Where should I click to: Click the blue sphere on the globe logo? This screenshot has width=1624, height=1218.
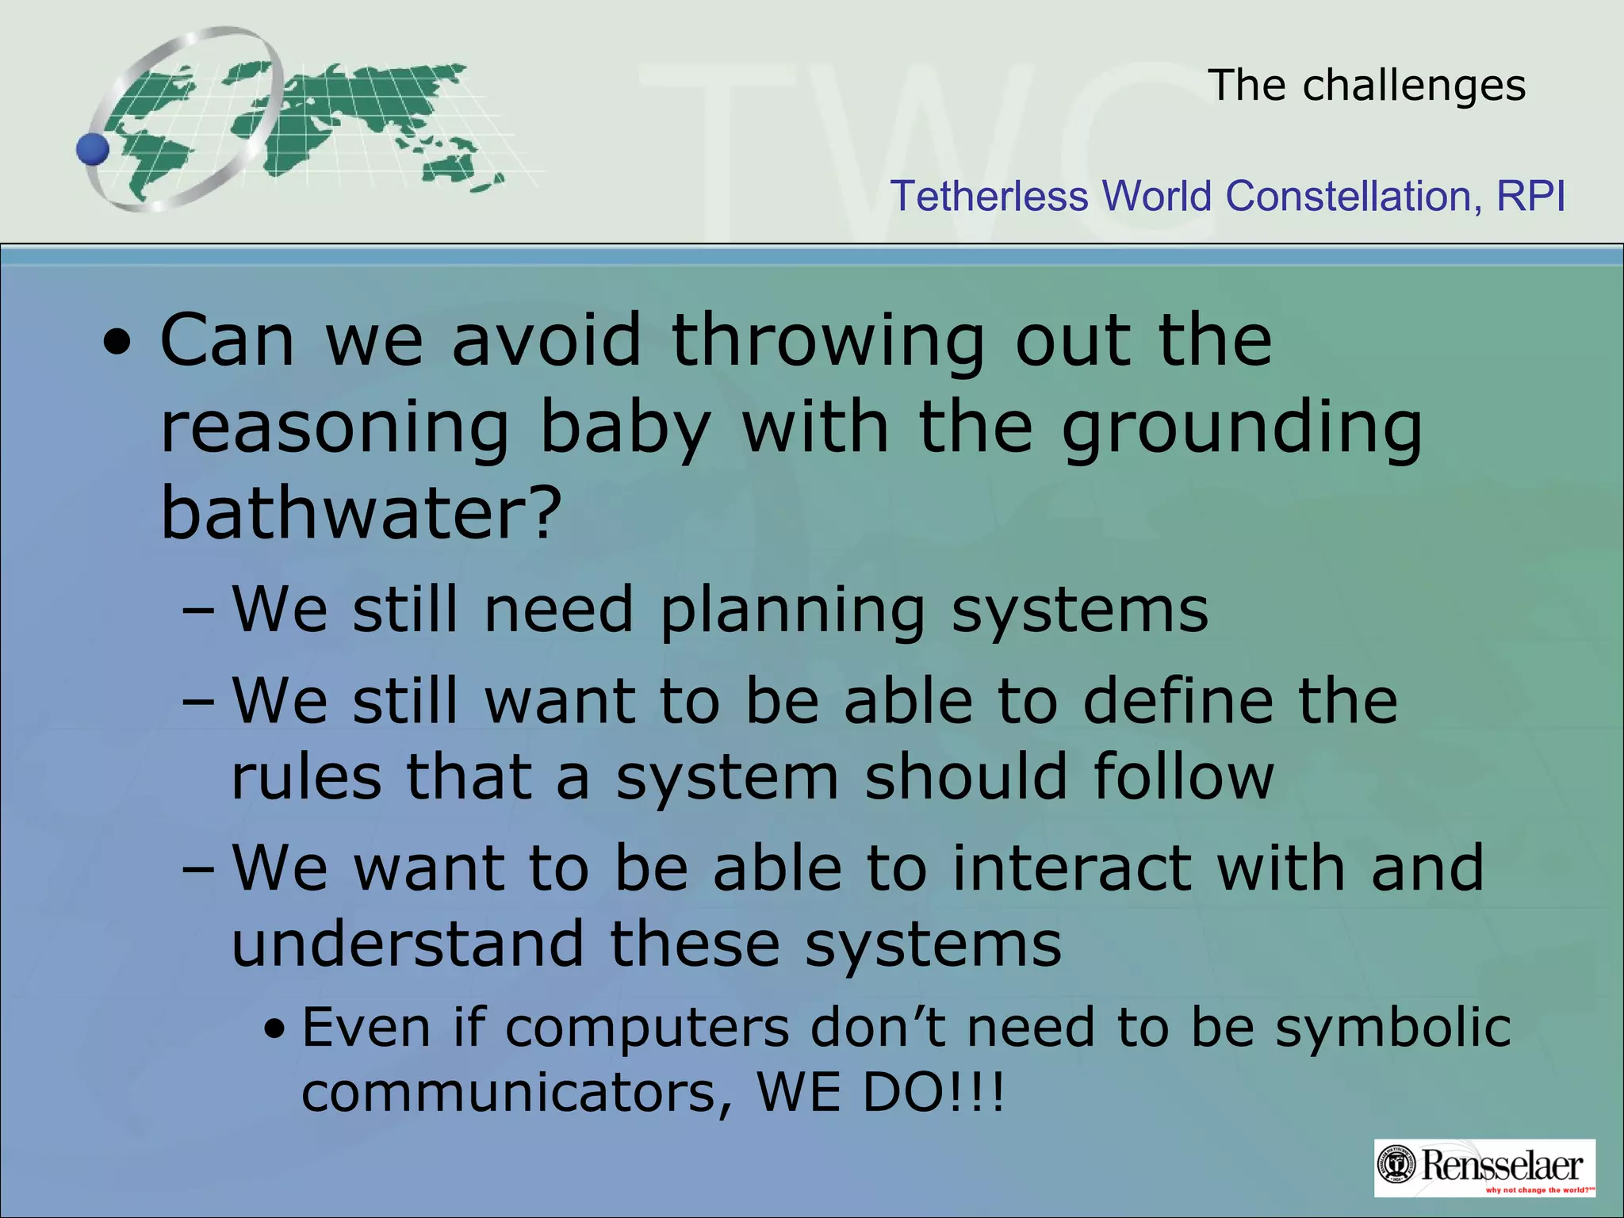click(93, 149)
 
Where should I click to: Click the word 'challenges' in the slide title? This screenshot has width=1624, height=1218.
click(1414, 86)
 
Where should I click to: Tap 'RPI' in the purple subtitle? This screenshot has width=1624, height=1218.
click(1530, 196)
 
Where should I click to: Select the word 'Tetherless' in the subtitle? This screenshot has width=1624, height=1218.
click(989, 196)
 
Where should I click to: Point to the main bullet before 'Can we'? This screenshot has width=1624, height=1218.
click(118, 344)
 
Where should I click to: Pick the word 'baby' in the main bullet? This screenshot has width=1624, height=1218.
click(624, 428)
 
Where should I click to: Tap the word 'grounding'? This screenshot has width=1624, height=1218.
click(1242, 428)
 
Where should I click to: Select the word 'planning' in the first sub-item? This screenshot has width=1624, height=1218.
click(792, 611)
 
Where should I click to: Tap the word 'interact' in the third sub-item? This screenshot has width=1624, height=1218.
click(1071, 868)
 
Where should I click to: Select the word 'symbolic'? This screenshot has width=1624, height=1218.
click(1392, 1028)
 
